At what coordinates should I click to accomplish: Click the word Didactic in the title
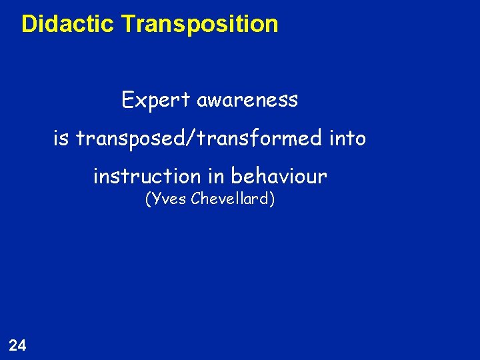pos(69,24)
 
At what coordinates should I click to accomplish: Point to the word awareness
pos(247,101)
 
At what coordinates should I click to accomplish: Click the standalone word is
pos(61,138)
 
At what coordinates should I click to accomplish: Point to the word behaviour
pos(279,176)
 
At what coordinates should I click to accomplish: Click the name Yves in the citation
pos(169,199)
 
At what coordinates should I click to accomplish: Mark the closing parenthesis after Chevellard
pos(272,199)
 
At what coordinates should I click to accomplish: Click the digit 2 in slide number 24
pos(13,345)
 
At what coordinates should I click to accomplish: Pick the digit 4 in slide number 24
pos(22,345)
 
